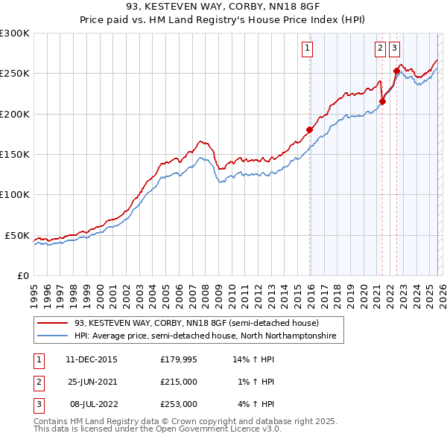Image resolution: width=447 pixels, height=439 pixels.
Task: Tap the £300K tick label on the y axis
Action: pyautogui.click(x=15, y=33)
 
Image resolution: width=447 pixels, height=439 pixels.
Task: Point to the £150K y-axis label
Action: pyautogui.click(x=15, y=155)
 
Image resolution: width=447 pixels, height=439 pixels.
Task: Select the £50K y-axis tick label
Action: pyautogui.click(x=18, y=235)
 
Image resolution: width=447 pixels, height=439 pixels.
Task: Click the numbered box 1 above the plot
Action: pyautogui.click(x=308, y=49)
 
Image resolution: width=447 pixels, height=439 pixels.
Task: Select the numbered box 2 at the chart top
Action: pyautogui.click(x=380, y=49)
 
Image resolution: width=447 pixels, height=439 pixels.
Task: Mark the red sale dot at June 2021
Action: pyautogui.click(x=382, y=102)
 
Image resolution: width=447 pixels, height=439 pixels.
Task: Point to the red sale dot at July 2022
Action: pyautogui.click(x=396, y=71)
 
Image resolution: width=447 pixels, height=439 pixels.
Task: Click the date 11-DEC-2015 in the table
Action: pyautogui.click(x=91, y=359)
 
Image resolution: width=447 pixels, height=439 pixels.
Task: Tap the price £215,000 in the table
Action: pyautogui.click(x=179, y=382)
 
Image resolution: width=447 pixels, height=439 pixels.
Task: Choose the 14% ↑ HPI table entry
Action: pyautogui.click(x=254, y=359)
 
